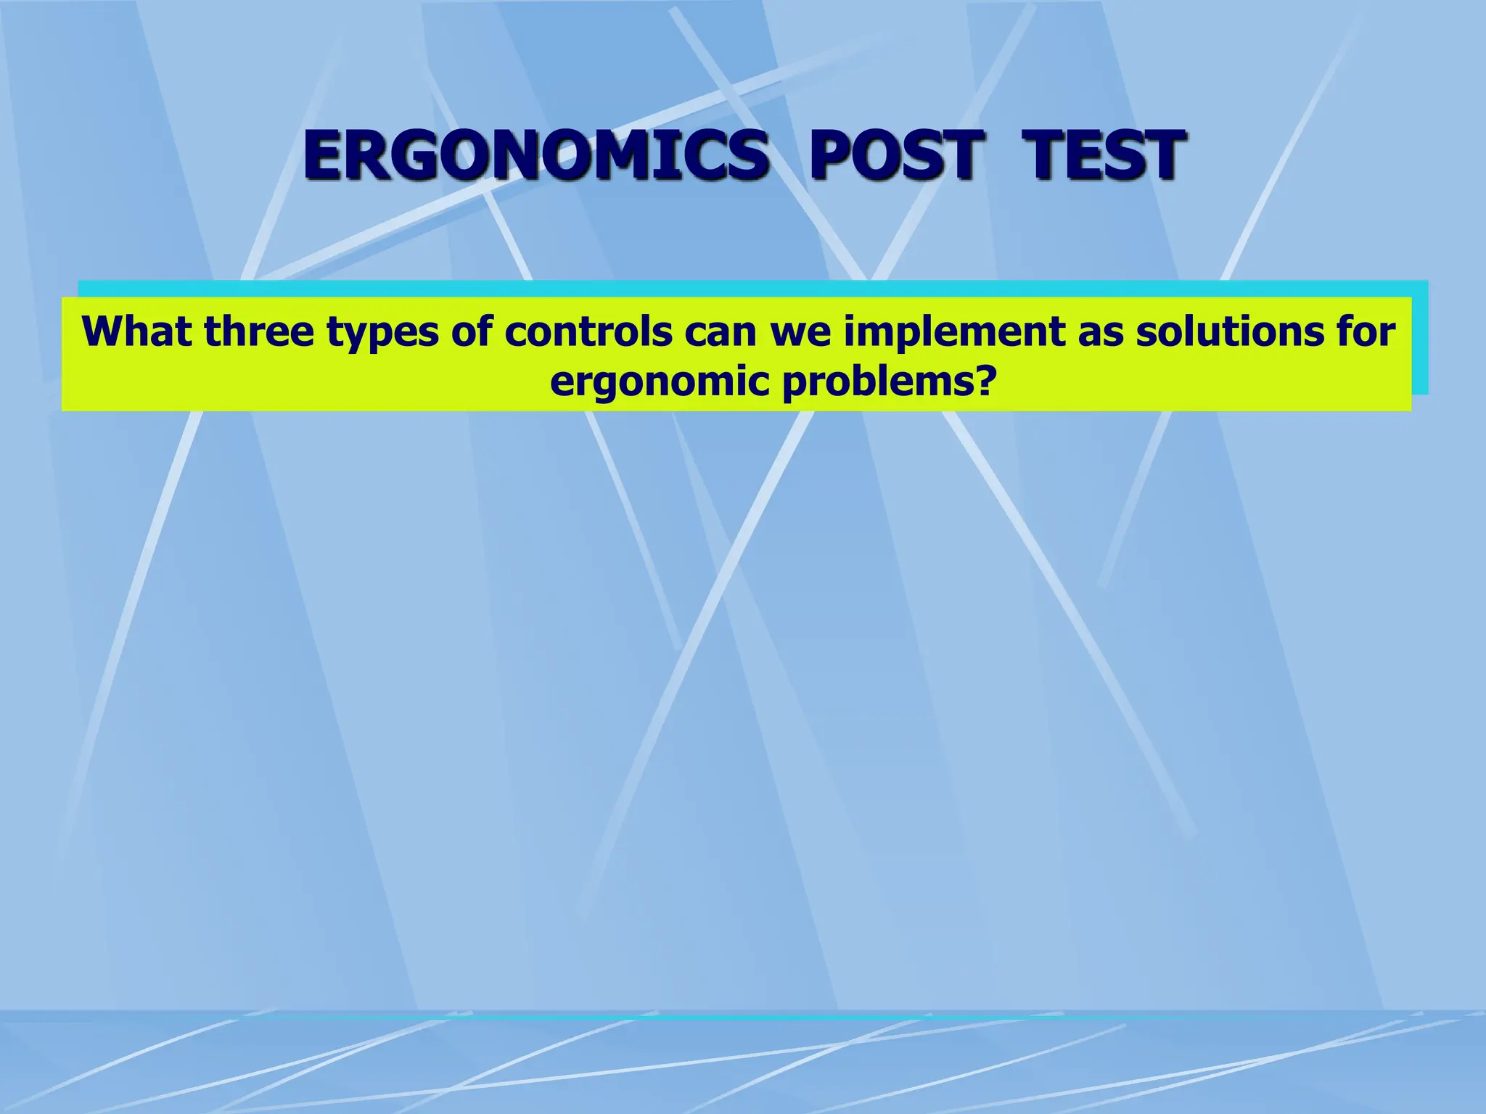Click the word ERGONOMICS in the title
click(x=535, y=155)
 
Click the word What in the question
click(x=137, y=331)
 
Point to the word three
click(x=259, y=331)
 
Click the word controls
click(x=588, y=331)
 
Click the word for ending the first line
click(x=1365, y=331)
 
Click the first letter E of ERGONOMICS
click(x=323, y=155)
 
